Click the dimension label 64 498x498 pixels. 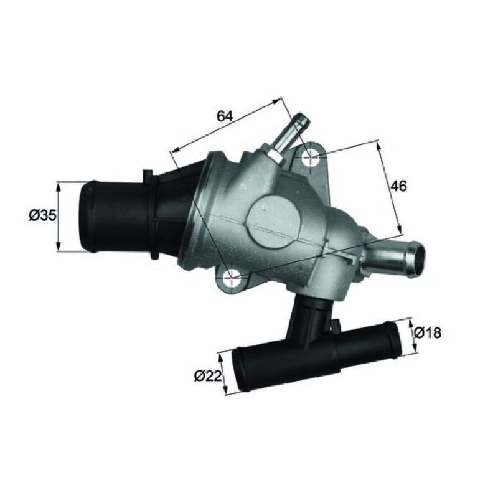coord(225,116)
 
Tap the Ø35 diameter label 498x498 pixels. coord(42,215)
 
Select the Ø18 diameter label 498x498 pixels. coord(428,333)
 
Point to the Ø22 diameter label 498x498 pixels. coord(208,377)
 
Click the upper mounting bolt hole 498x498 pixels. coord(310,157)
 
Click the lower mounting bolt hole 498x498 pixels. coord(233,277)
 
